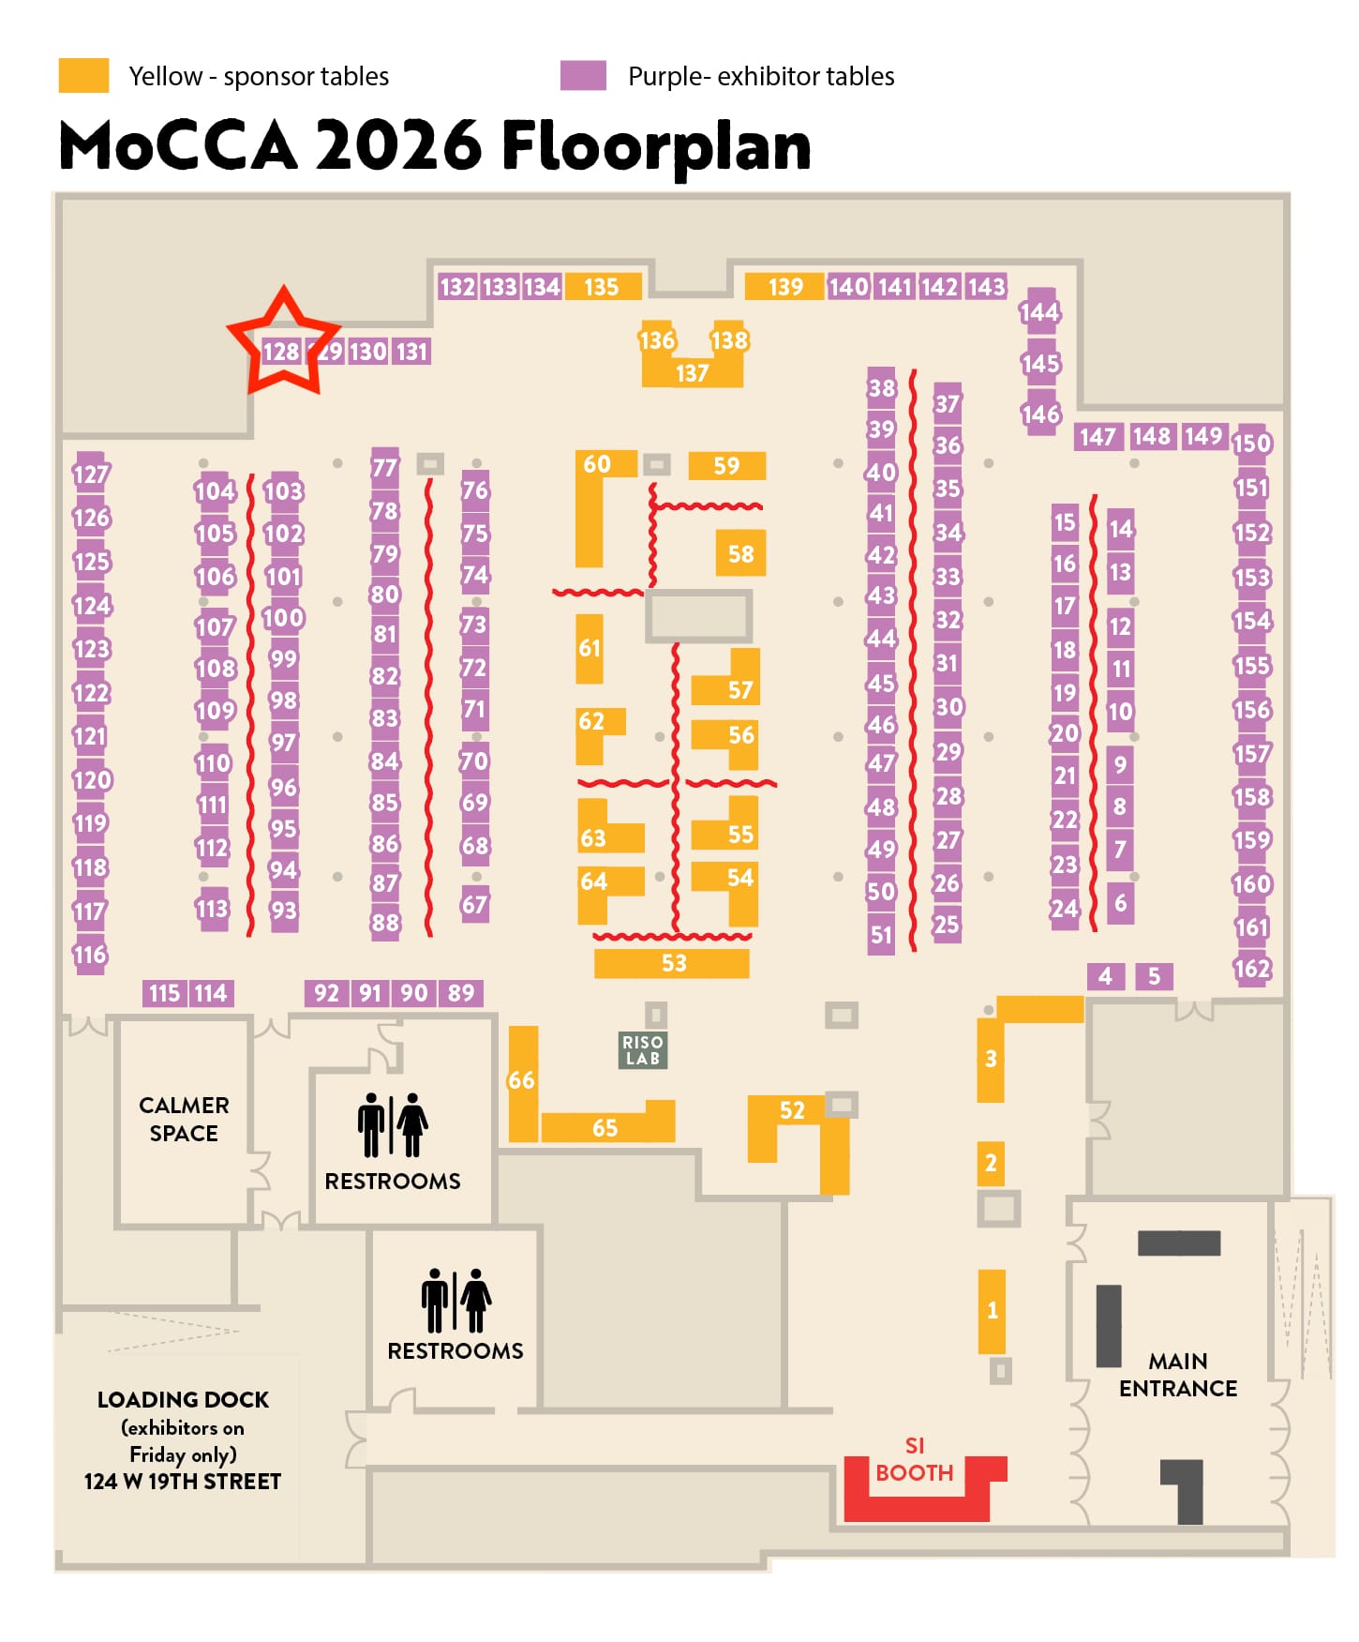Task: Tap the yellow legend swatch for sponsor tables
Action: (x=83, y=75)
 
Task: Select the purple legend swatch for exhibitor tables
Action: (x=583, y=75)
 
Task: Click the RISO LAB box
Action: (x=643, y=1050)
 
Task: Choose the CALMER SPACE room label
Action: (x=184, y=1119)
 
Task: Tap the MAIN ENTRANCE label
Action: (x=1178, y=1375)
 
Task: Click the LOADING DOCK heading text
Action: (x=183, y=1399)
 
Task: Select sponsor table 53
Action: (x=672, y=963)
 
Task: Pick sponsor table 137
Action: (x=692, y=373)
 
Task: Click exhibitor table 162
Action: (x=1252, y=969)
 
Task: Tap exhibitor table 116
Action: (x=90, y=955)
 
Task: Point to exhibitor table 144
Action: (x=1039, y=312)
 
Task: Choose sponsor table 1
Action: (x=992, y=1310)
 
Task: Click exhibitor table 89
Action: (x=460, y=993)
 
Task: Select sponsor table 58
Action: (x=740, y=553)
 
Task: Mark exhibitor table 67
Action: (x=474, y=905)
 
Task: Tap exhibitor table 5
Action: (x=1154, y=976)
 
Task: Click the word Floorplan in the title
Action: (x=656, y=146)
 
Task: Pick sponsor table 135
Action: (x=601, y=287)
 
